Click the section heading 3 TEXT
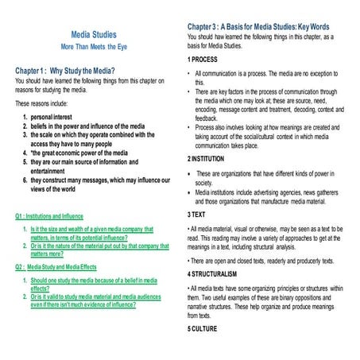199,215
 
